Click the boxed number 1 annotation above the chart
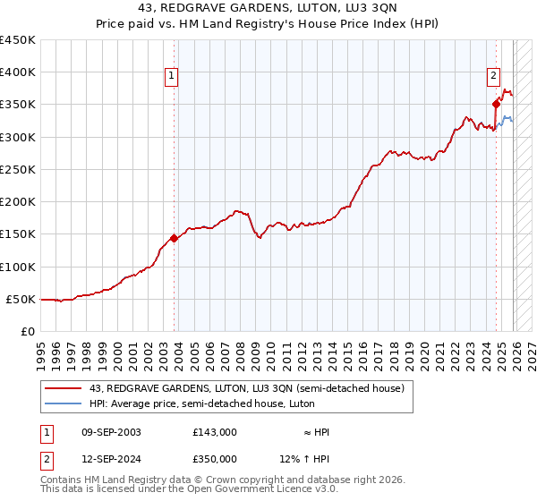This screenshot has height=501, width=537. click(171, 77)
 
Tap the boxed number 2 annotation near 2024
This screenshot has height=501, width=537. click(493, 77)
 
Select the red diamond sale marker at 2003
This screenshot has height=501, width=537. click(174, 239)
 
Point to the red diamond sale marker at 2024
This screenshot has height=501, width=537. click(496, 105)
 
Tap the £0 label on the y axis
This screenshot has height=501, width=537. click(27, 332)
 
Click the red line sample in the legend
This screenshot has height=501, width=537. click(64, 388)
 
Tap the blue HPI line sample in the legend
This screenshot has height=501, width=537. click(64, 403)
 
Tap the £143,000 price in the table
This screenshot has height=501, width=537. click(215, 432)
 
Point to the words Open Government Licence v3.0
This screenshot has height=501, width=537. click(269, 489)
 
